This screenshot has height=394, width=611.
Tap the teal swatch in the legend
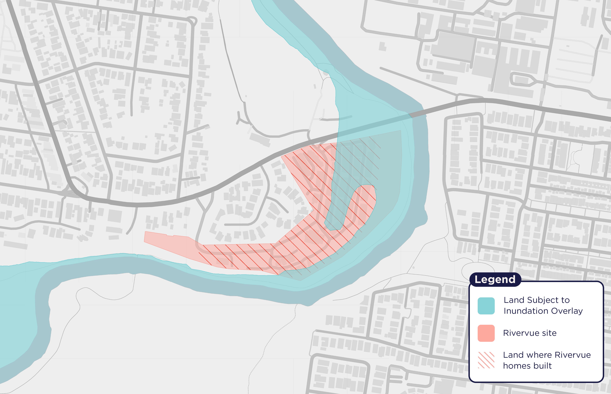(486, 306)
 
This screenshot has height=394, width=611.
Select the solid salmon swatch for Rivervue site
(486, 333)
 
